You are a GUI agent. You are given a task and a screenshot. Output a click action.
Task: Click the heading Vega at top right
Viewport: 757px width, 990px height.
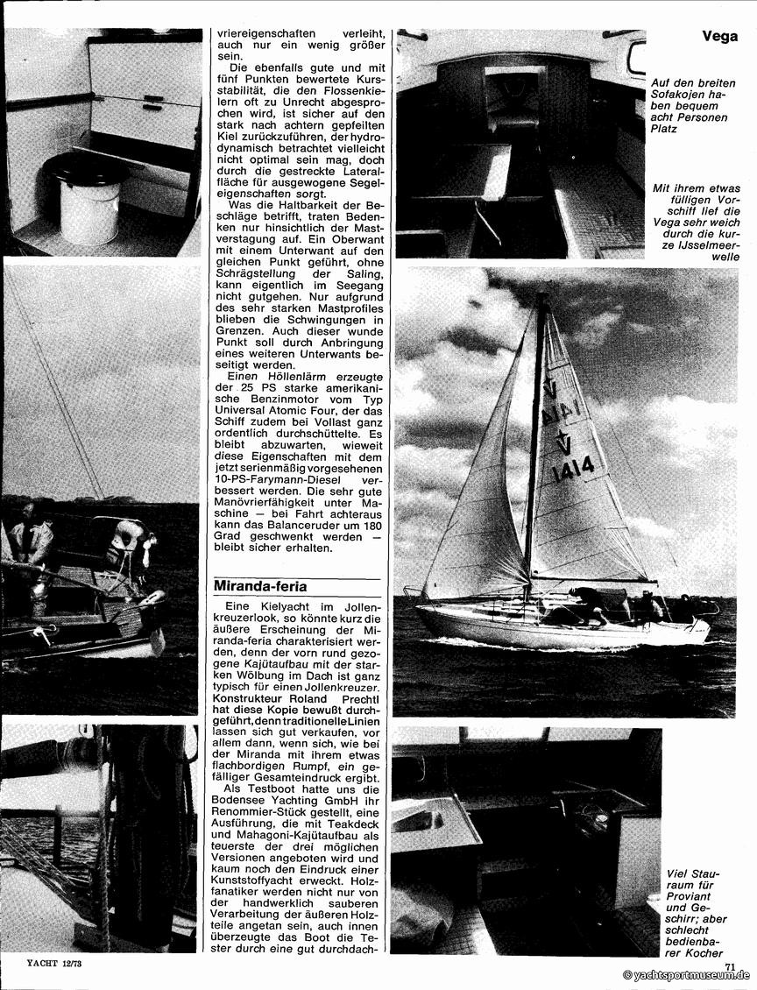719,37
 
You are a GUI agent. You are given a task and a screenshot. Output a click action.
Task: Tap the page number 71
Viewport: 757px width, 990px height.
730,966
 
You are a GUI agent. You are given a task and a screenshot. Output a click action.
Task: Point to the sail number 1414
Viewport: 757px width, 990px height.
572,469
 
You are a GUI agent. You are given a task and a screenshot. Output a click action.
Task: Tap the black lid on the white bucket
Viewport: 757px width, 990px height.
88,170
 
